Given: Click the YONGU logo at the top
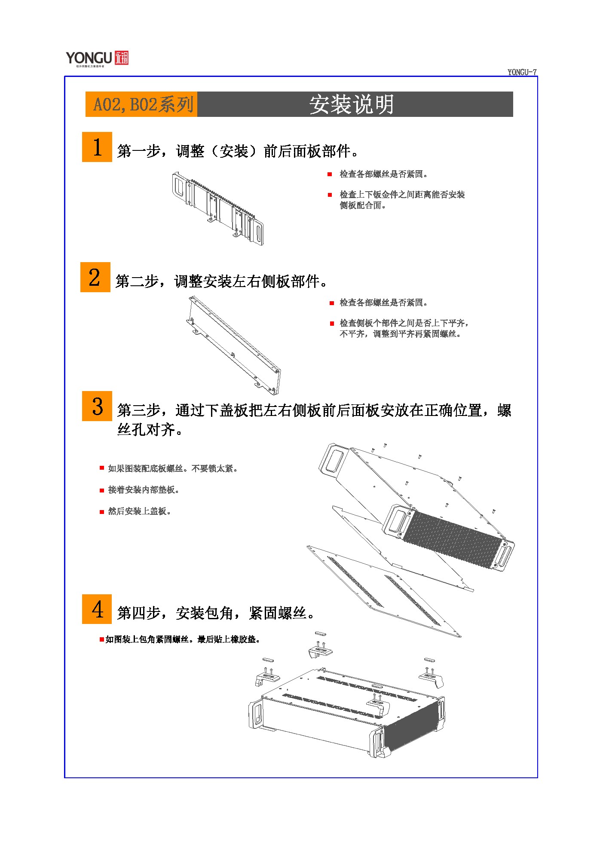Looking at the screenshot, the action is (x=97, y=58).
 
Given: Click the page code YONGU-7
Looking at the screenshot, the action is (x=522, y=72).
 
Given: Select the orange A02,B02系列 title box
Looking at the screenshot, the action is (x=141, y=104).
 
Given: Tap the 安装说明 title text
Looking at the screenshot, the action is (x=352, y=104).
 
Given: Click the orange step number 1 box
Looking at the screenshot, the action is (x=97, y=147).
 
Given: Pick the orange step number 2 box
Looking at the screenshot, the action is (x=95, y=277).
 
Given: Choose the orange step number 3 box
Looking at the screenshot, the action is (x=97, y=406).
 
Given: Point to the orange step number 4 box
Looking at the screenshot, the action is (x=97, y=609).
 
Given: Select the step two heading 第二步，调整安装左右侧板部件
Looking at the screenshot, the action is (x=221, y=281).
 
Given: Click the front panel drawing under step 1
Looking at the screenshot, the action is (x=218, y=209).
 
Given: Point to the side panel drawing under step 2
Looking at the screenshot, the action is (x=233, y=345).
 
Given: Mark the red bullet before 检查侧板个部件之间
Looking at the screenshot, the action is (x=332, y=324).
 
